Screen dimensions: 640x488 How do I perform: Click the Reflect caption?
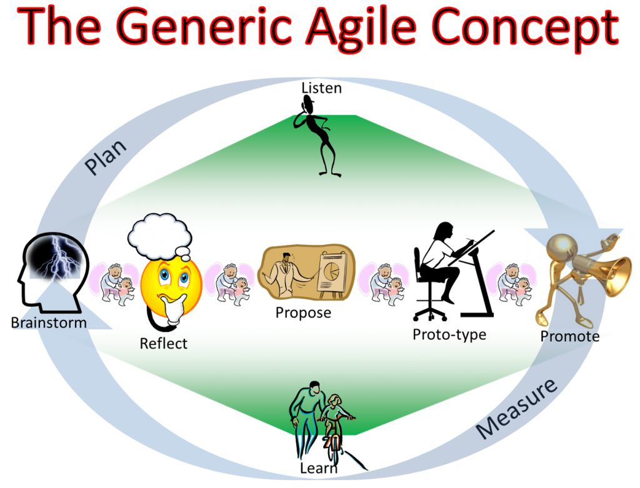click(163, 343)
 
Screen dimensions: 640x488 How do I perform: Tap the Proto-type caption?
click(449, 335)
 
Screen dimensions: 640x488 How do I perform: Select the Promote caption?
click(569, 336)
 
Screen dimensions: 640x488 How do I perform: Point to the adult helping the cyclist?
click(309, 416)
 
